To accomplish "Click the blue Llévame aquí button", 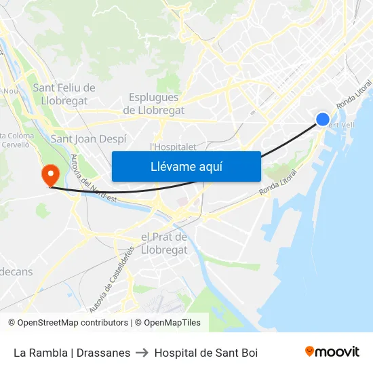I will (x=186, y=166).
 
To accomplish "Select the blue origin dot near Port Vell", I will (x=323, y=119).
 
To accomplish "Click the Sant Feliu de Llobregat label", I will (x=64, y=94).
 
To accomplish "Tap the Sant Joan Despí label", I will (x=88, y=138).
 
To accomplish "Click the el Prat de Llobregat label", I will (x=163, y=243).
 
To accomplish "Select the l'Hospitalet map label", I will (x=173, y=146).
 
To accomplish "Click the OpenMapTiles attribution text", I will (x=172, y=323).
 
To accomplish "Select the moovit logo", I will (x=332, y=352).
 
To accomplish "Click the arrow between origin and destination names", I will (x=142, y=353).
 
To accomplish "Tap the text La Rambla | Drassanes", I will (x=72, y=353).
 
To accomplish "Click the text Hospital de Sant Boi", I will (x=206, y=353).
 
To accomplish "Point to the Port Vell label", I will (x=342, y=125).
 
